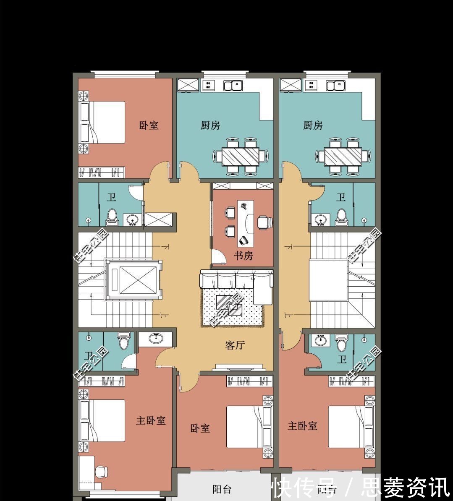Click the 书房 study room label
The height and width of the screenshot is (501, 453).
coord(244,256)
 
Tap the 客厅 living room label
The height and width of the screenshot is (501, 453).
coord(235,345)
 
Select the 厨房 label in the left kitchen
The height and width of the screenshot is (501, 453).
coord(210,125)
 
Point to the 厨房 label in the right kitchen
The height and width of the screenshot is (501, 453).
coord(313,125)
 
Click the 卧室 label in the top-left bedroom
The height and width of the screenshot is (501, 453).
coord(149,125)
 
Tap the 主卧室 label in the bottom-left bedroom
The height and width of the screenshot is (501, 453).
coord(151,420)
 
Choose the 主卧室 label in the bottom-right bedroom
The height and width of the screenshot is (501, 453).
coord(302,426)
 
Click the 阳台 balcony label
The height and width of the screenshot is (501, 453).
coord(222,489)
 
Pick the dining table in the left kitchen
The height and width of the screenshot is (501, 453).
coord(241,157)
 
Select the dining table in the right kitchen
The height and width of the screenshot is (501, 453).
coord(343,157)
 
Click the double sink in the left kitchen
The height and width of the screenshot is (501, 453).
coord(233,86)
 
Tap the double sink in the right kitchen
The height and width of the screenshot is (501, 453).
coord(336,86)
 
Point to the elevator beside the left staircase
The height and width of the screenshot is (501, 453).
coord(132,280)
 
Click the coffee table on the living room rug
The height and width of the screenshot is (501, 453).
coord(229,305)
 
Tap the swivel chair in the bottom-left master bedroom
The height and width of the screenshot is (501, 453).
coord(101,471)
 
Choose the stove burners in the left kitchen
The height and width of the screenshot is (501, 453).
coord(207,86)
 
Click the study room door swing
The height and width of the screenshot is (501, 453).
coord(217,257)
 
